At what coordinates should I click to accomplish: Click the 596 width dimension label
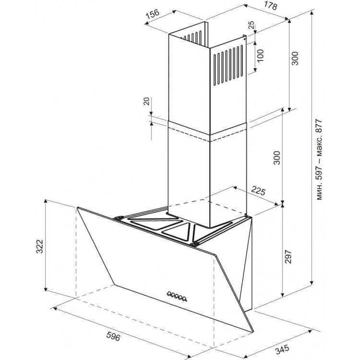113,336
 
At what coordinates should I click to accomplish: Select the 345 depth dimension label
282,349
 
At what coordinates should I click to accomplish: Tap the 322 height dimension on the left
40,247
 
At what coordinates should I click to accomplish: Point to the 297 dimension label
288,256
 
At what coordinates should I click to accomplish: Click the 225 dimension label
258,191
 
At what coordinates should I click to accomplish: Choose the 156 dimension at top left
153,14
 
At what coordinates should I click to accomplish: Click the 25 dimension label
251,25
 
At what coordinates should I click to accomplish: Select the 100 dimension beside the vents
260,56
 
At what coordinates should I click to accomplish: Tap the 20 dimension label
146,101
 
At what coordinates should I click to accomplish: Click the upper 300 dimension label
295,58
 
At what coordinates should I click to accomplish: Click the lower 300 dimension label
277,158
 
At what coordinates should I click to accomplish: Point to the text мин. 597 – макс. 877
319,159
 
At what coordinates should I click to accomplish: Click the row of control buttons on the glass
177,296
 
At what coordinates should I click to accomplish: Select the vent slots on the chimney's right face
228,65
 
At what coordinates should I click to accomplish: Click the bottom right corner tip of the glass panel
253,332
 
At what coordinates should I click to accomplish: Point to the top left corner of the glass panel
77,207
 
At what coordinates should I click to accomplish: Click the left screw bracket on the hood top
118,218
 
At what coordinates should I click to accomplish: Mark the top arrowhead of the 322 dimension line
46,201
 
